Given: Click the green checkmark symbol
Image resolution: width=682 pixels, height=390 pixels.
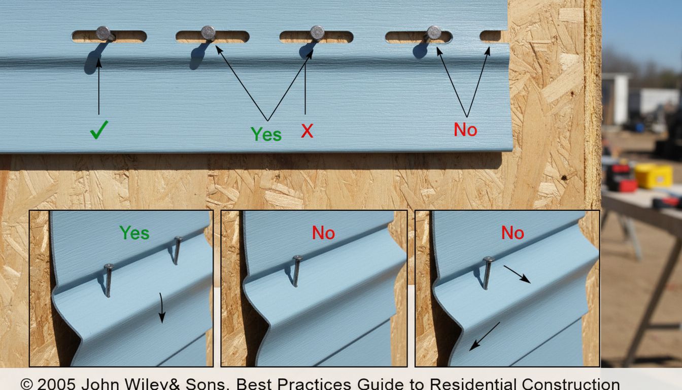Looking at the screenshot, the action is coord(99,130).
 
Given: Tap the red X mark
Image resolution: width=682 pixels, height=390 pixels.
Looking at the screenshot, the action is coord(307,131).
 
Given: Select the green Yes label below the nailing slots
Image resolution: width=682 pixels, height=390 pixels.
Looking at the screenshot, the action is coord(266,134).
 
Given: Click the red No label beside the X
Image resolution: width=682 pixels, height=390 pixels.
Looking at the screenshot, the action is coord(465,129).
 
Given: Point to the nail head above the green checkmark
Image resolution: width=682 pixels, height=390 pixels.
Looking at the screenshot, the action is coord(104,33).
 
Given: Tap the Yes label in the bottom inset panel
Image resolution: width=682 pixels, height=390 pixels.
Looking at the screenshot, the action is coord(134,233).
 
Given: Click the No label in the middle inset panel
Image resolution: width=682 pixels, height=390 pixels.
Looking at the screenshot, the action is coord(323,233).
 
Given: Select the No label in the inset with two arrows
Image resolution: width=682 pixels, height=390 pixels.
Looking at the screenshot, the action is coord(513,233).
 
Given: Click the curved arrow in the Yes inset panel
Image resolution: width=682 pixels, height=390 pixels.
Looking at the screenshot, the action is coord(162,308).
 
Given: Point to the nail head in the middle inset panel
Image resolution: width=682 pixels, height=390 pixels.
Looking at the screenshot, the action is coord(297,258).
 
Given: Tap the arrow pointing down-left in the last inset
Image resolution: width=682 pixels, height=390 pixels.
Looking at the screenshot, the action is coord(485,336).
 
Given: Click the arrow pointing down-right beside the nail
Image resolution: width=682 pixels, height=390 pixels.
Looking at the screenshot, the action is coord(517,274).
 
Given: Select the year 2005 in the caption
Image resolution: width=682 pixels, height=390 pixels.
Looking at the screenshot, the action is coord(56,384).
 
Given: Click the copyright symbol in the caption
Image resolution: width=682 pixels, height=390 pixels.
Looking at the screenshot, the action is coord(27,384).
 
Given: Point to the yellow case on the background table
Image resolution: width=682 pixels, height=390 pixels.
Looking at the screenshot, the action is coord(654,176).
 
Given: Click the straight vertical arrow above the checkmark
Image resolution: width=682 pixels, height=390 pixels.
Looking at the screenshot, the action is coord(98,86).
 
